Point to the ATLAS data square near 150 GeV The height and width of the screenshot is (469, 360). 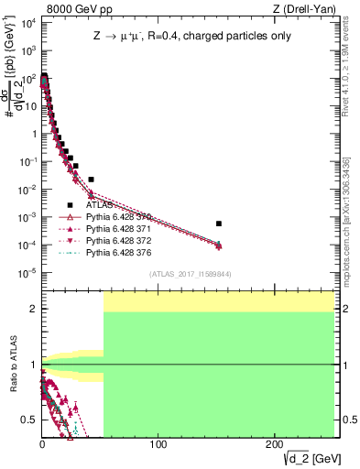[x=218, y=224]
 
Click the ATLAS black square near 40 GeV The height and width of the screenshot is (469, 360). [x=91, y=180]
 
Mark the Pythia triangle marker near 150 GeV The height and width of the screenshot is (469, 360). [x=218, y=245]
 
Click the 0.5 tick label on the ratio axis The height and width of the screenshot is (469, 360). [x=28, y=420]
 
